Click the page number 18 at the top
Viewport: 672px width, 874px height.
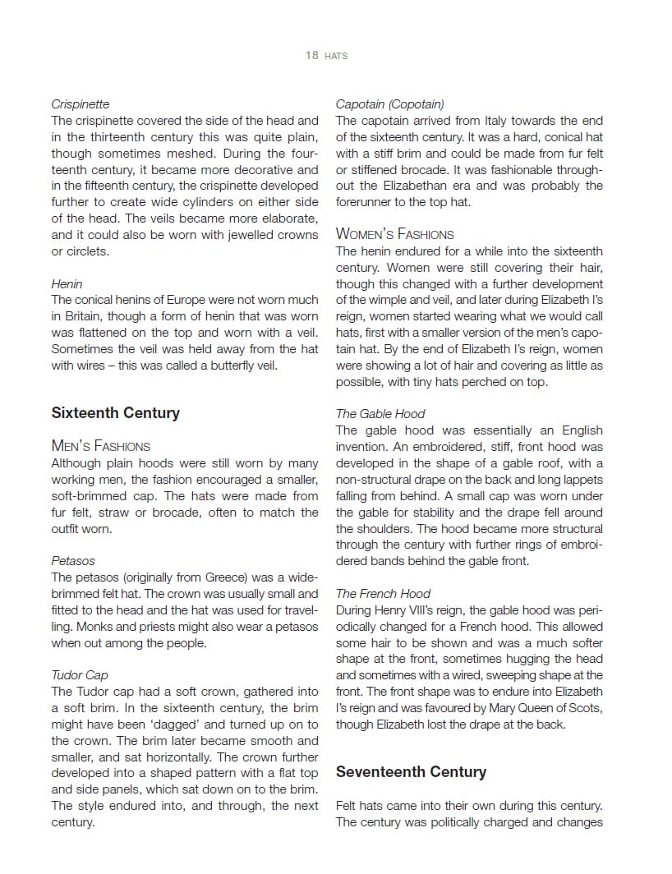click(x=311, y=56)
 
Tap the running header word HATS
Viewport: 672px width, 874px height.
click(x=336, y=56)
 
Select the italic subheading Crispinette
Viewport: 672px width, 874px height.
click(x=80, y=104)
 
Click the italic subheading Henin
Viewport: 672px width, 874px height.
click(x=67, y=284)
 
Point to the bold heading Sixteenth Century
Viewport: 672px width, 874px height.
click(x=115, y=412)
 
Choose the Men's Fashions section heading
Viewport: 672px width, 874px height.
click(x=100, y=446)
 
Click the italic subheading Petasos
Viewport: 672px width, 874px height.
click(x=73, y=561)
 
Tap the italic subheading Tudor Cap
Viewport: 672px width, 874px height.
click(x=79, y=675)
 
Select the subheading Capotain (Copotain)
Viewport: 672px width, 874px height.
click(x=389, y=104)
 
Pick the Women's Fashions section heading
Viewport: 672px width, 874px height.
click(x=394, y=234)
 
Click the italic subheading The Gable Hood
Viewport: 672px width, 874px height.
click(x=380, y=414)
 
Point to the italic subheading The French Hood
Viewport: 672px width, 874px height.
click(x=383, y=594)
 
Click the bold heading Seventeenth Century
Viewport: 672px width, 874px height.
click(x=411, y=772)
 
